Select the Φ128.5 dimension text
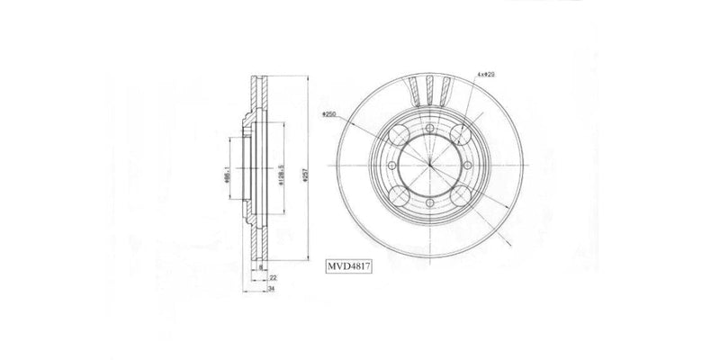tap(283, 168)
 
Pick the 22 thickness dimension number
tap(272, 279)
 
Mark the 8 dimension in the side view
tap(260, 268)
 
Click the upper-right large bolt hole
tap(461, 136)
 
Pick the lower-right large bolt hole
tap(461, 197)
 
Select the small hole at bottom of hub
tap(430, 203)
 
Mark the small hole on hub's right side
tap(467, 166)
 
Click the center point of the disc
tap(430, 166)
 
